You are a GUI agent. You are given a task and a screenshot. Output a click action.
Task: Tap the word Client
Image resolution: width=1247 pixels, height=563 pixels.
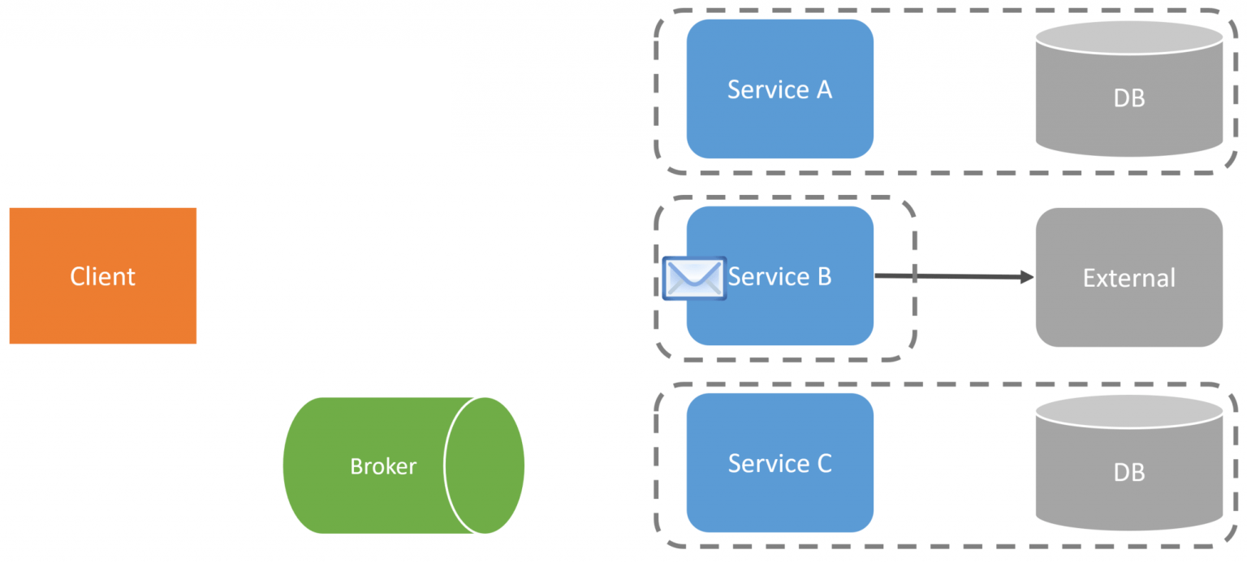102,276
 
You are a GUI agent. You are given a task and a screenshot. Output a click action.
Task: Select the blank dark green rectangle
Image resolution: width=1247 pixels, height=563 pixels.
224,101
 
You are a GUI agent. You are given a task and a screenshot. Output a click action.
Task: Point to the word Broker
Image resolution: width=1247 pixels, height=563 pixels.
383,466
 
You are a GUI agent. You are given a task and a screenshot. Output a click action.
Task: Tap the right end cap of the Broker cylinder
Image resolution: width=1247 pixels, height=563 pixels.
485,466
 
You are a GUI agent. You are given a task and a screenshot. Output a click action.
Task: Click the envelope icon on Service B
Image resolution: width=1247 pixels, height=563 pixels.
694,278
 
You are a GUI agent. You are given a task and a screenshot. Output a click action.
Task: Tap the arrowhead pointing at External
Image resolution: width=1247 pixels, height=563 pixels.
1026,278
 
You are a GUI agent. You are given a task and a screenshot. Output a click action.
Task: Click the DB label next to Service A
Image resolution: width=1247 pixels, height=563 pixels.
1129,98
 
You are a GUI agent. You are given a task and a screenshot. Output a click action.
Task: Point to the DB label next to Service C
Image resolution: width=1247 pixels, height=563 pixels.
1129,472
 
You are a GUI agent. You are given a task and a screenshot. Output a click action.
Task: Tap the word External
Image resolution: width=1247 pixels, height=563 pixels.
1128,278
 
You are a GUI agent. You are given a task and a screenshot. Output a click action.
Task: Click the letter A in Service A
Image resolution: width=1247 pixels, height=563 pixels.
823,89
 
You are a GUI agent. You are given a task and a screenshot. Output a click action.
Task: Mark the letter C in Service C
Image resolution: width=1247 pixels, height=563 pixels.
823,463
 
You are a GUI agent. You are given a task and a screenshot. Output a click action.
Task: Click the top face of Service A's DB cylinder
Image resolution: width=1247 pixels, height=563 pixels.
1129,37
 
